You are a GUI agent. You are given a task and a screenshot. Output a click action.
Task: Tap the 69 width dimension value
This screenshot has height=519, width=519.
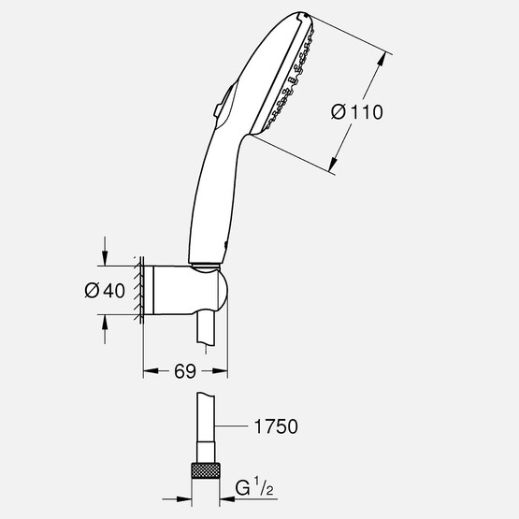[183, 372]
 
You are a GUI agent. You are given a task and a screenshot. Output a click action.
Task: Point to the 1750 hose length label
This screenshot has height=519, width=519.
[274, 426]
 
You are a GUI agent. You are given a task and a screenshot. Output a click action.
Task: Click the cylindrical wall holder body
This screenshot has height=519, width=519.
[178, 291]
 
